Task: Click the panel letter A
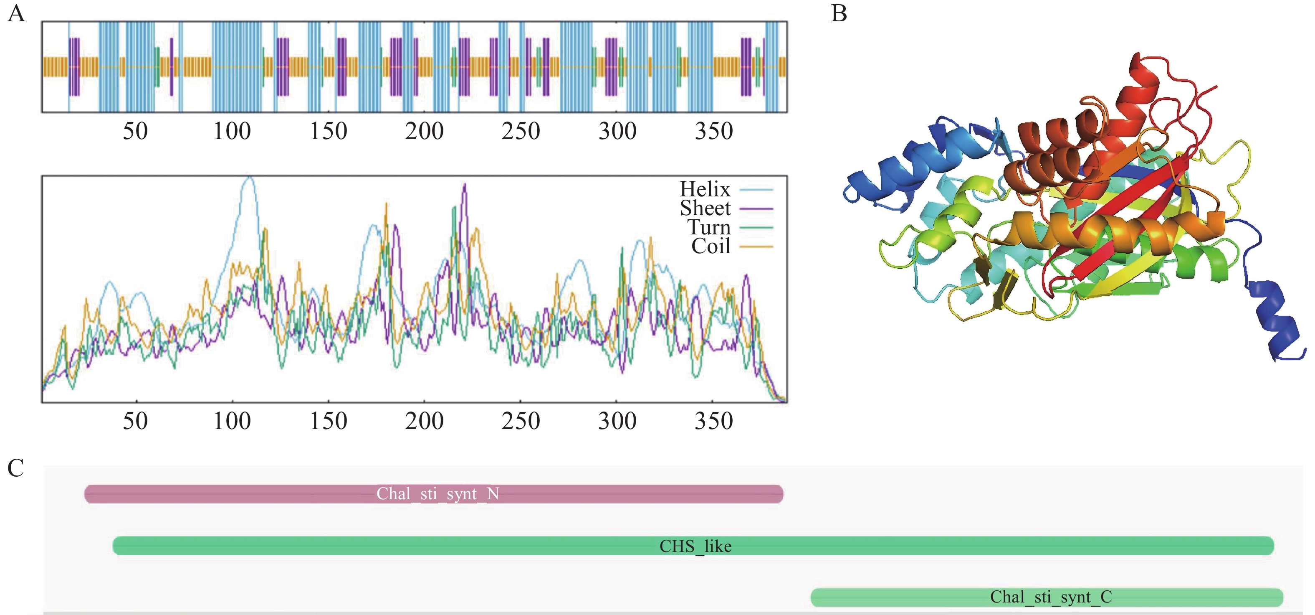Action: (16, 13)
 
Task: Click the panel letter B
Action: (839, 13)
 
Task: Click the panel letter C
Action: (16, 468)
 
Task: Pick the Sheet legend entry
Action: (705, 208)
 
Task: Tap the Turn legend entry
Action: (708, 227)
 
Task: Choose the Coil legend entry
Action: (711, 246)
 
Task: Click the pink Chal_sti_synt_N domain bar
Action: (434, 494)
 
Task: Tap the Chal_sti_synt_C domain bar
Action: (1047, 597)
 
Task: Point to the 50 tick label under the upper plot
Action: (135, 131)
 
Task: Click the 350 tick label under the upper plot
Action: (714, 131)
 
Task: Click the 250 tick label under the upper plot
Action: (521, 131)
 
